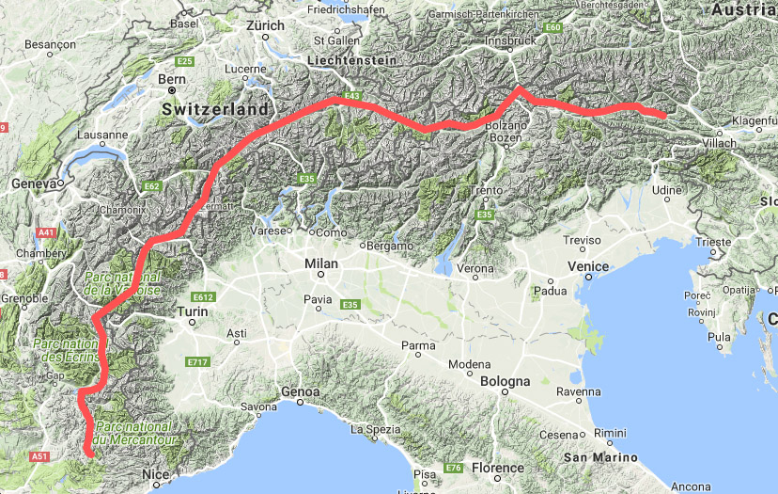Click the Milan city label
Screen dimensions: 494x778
point(320,264)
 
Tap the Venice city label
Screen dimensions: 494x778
point(588,266)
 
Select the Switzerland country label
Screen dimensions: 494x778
point(214,109)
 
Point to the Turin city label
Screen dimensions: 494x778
point(192,311)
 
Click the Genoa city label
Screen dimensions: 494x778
point(303,391)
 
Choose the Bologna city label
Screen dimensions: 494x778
point(506,381)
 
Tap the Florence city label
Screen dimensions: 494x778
point(497,467)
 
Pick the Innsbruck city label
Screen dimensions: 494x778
point(510,41)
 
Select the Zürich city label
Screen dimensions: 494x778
point(265,25)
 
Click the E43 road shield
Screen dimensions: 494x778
point(352,96)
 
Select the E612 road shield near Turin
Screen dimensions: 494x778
point(203,297)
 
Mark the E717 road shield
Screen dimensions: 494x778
point(197,362)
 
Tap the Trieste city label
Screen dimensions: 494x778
point(713,242)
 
